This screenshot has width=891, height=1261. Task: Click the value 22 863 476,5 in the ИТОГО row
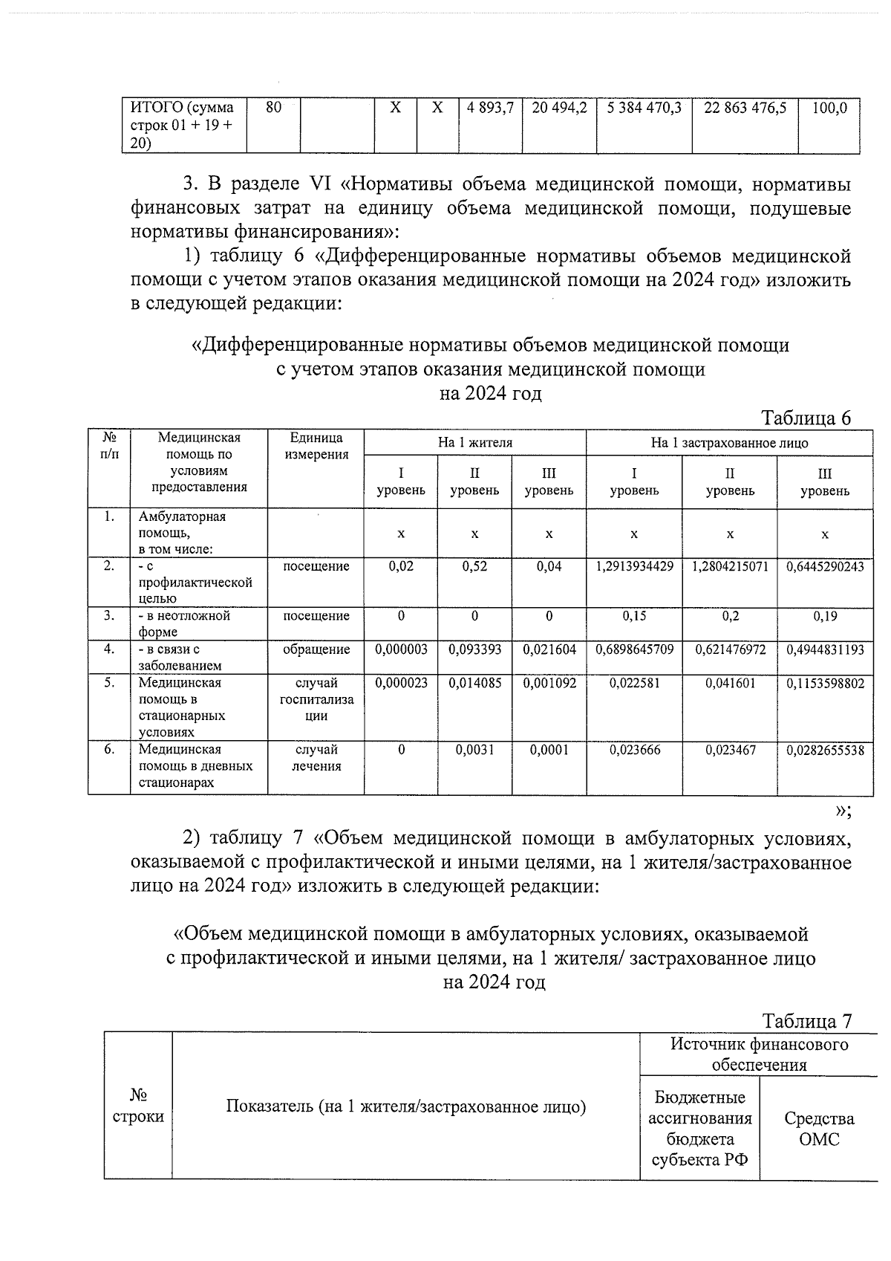click(745, 108)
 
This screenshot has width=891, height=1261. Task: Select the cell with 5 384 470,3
click(644, 108)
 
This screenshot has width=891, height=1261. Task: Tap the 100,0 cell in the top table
click(829, 108)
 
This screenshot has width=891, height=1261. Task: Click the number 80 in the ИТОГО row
click(273, 108)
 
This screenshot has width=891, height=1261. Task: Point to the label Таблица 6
click(806, 418)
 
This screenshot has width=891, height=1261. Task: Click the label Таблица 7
click(806, 1021)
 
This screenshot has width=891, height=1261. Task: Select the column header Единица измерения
click(316, 447)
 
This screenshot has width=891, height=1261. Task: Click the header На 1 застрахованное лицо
click(729, 443)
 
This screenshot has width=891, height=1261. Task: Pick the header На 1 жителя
click(475, 443)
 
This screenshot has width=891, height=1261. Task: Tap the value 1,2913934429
click(634, 567)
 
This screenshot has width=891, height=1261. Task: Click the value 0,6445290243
click(825, 567)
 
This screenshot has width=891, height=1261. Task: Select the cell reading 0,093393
click(474, 649)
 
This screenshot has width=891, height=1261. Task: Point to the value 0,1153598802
click(825, 684)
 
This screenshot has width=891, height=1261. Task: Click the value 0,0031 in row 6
click(474, 751)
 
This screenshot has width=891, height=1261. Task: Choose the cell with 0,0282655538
click(825, 751)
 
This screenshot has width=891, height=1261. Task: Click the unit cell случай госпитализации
click(316, 700)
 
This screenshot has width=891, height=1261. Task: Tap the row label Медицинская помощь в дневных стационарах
click(195, 766)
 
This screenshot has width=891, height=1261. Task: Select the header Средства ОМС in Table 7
click(818, 1129)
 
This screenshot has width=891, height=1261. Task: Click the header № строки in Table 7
click(138, 1106)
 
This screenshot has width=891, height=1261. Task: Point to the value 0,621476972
click(730, 649)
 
